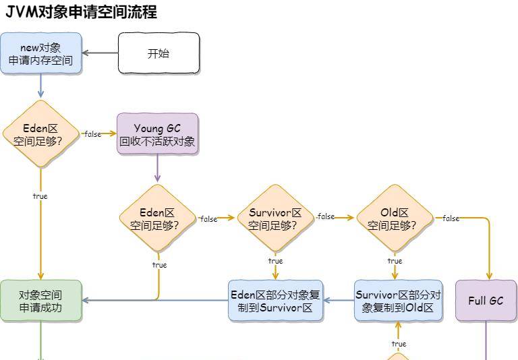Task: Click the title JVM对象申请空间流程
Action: click(81, 11)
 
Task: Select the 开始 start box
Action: click(159, 53)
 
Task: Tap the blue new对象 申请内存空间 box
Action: click(40, 53)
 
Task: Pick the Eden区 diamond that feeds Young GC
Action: click(40, 133)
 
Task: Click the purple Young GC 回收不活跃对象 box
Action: click(157, 134)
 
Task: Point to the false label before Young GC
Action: click(92, 134)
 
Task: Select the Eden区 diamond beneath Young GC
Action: click(157, 218)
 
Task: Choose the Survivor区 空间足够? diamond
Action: click(275, 218)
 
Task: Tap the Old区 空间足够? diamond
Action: click(395, 218)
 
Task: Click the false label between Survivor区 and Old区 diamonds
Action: click(326, 217)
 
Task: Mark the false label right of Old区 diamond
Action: click(451, 218)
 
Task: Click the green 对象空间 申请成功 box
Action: click(40, 301)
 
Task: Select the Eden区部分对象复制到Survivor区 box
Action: click(275, 301)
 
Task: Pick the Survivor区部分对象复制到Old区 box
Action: click(398, 301)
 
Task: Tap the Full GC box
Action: click(486, 301)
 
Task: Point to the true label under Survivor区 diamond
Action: click(275, 261)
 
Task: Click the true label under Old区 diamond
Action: click(395, 261)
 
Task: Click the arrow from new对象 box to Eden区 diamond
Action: click(40, 86)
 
